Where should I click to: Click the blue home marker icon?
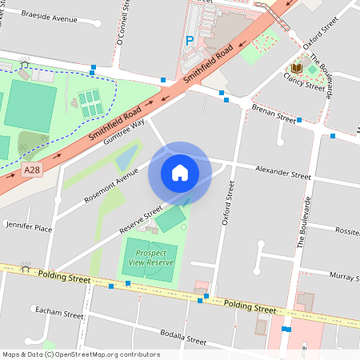coord(179,173)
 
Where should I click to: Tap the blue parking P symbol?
coord(190,40)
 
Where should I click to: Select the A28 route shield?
coord(31,170)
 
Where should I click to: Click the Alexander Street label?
coord(282,174)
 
